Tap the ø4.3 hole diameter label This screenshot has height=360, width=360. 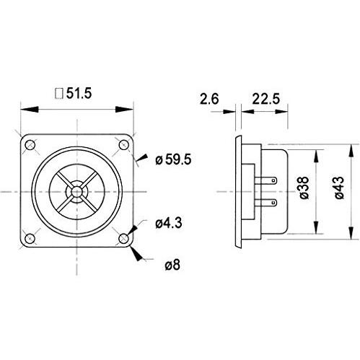[x=170, y=224]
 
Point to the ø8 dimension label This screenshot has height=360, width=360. [x=172, y=265]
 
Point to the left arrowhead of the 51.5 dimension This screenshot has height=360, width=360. [x=23, y=110]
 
